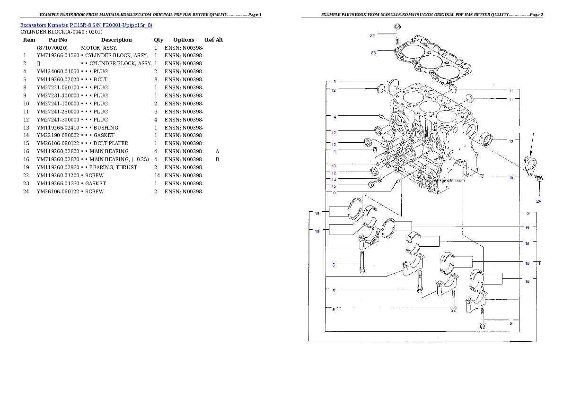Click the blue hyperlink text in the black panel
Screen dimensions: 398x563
[x=86, y=25]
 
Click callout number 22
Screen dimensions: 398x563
[x=372, y=35]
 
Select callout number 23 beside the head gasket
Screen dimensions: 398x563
[x=373, y=53]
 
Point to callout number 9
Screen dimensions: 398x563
[x=334, y=81]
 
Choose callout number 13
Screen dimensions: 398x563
[x=511, y=141]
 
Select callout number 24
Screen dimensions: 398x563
[x=538, y=201]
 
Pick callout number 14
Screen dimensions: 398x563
[x=334, y=180]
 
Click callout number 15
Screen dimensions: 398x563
[x=334, y=186]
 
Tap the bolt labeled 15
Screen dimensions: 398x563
[x=372, y=184]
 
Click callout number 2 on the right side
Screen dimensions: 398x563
[x=528, y=213]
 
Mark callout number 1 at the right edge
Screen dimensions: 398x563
[x=539, y=262]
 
